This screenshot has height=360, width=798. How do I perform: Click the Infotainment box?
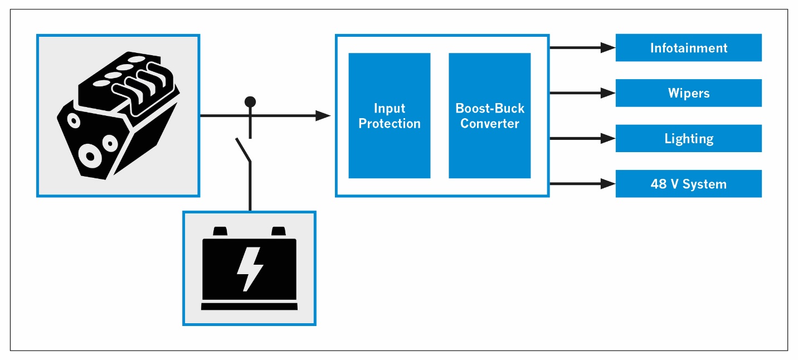coord(688,48)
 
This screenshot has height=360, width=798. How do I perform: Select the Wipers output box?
coord(688,93)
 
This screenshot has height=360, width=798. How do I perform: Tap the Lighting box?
coord(688,138)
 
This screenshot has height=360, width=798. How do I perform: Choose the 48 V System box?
coord(688,184)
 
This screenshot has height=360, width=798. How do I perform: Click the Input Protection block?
coord(389,116)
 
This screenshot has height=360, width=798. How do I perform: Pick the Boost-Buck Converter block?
coord(489,116)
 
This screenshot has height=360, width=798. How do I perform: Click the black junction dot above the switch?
coord(250,101)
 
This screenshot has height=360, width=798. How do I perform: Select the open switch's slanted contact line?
coord(243,149)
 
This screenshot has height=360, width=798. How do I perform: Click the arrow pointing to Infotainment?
coord(607,48)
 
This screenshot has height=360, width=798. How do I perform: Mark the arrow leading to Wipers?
coord(607,93)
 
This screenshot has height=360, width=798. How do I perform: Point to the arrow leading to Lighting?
coord(607,138)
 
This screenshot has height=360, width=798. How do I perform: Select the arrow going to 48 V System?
coord(607,183)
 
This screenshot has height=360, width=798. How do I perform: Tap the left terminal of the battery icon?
coord(221,231)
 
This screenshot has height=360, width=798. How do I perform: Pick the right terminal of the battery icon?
coord(278,231)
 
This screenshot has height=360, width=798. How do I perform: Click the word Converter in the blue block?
coord(489,123)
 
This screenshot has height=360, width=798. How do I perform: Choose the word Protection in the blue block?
coord(389,124)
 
